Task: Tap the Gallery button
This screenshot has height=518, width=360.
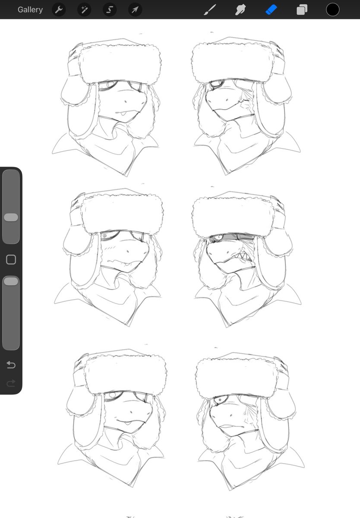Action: pyautogui.click(x=30, y=9)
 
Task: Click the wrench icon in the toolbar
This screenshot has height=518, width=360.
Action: pyautogui.click(x=59, y=9)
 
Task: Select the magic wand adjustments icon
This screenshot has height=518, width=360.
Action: pyautogui.click(x=84, y=9)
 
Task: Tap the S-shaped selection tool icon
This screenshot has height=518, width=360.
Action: pyautogui.click(x=110, y=9)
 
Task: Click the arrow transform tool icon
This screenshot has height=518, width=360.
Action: pyautogui.click(x=135, y=9)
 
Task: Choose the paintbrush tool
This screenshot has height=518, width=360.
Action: pyautogui.click(x=210, y=10)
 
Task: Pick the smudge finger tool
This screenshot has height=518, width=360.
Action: pyautogui.click(x=240, y=10)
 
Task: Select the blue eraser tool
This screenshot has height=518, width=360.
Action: pyautogui.click(x=271, y=10)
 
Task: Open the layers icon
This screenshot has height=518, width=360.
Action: pyautogui.click(x=302, y=10)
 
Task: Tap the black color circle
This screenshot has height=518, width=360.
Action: pyautogui.click(x=333, y=9)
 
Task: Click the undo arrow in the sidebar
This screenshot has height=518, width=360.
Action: pyautogui.click(x=11, y=365)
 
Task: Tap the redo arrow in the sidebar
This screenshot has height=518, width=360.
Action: pyautogui.click(x=11, y=383)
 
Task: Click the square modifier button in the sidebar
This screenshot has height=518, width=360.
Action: pyautogui.click(x=11, y=259)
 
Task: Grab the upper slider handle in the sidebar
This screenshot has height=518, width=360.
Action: pyautogui.click(x=11, y=218)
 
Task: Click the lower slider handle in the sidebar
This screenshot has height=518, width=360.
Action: pyautogui.click(x=11, y=281)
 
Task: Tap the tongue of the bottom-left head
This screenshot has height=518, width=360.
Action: pyautogui.click(x=127, y=423)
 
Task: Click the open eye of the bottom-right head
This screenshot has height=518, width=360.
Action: pyautogui.click(x=219, y=399)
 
